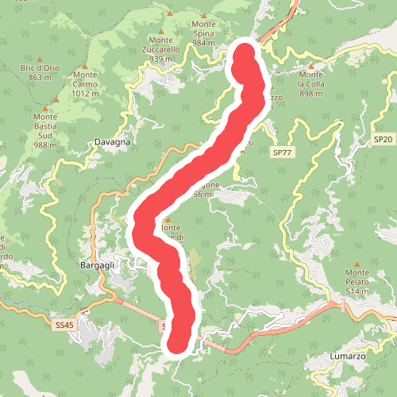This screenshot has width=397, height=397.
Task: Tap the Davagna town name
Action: pos(112,143)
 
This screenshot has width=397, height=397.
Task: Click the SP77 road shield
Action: pos(282,152)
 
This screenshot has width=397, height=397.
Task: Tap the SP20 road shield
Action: pos(383,139)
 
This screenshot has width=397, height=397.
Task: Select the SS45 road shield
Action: pos(64,325)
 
